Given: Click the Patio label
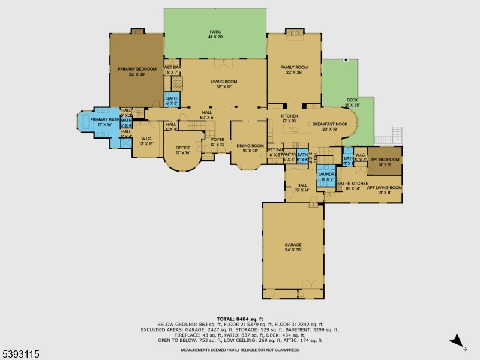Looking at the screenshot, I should (x=215, y=34).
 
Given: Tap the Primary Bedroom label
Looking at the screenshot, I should (x=137, y=72).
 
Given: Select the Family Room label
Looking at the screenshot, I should (x=294, y=70).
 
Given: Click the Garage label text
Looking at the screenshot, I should (x=293, y=247).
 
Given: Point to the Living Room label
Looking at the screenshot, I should (x=224, y=85).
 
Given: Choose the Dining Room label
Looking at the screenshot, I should (x=250, y=148).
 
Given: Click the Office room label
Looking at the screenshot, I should (x=182, y=151).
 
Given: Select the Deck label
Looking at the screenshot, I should (x=352, y=103).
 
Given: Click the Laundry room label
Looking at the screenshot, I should (x=327, y=176).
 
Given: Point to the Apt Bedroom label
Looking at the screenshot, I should (x=380, y=161).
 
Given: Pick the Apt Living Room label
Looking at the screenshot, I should (x=384, y=190).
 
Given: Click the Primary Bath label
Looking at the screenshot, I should (x=101, y=122).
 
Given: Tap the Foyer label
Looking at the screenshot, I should (x=217, y=142).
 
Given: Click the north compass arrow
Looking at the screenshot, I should (x=457, y=341).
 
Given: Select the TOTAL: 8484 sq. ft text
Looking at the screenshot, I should (x=240, y=319).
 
